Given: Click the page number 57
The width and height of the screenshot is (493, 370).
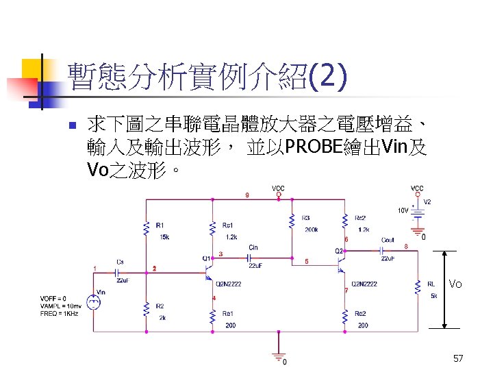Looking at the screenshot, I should pos(458,358).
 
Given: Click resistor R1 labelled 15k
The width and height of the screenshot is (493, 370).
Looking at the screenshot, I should pos(146,228).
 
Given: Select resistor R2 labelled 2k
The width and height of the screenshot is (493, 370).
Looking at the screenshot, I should pos(146,310).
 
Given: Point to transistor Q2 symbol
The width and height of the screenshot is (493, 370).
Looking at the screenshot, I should pos(342,264).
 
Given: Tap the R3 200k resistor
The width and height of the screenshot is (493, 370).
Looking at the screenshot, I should pos(292,221).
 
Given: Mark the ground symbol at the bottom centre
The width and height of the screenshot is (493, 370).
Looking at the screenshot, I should pos(278,355).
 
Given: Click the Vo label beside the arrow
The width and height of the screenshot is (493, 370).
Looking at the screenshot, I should pos(456,284).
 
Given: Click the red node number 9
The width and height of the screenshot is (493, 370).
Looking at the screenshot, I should pos(246,195).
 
